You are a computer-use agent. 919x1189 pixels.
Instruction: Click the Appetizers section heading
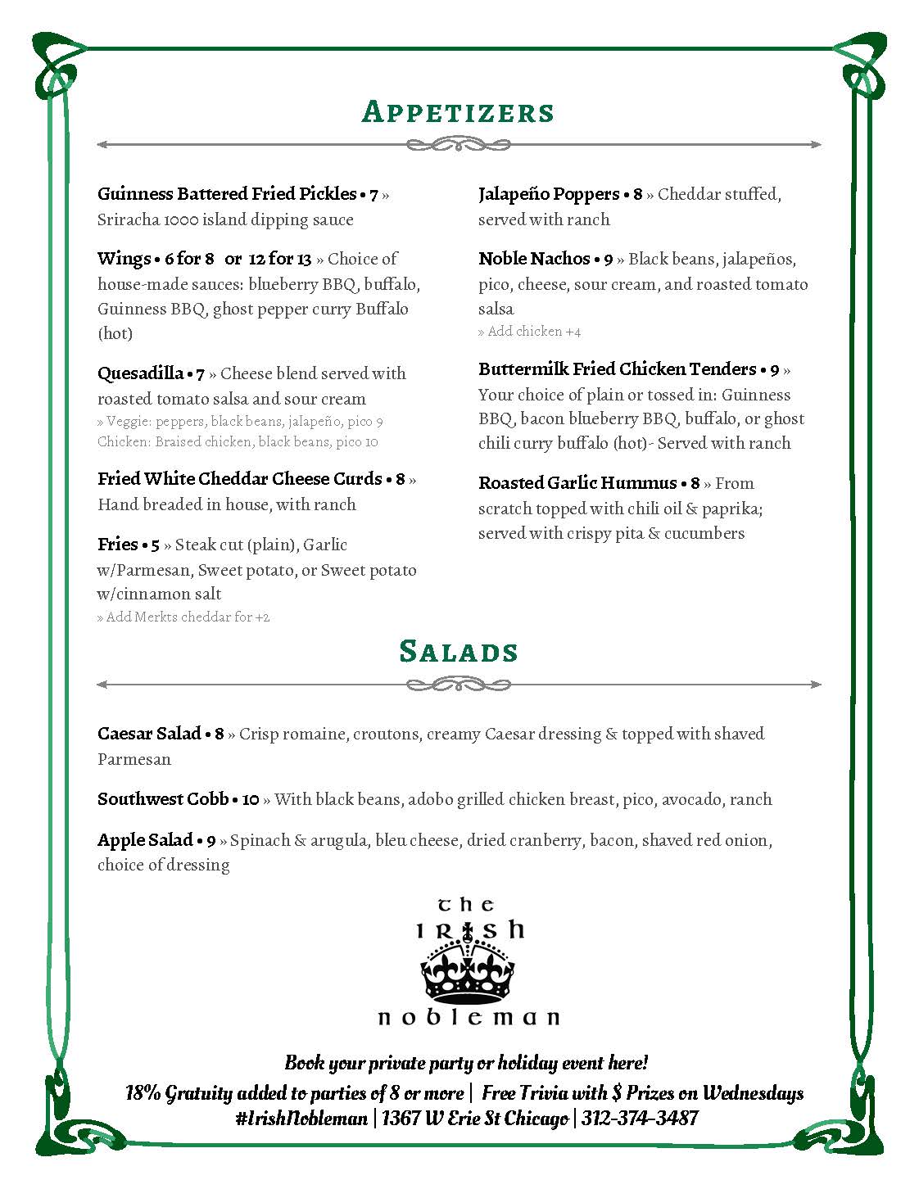click(458, 112)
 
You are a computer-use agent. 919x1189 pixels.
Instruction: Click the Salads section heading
click(459, 651)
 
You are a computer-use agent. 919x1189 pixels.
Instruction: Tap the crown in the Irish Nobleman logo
click(468, 971)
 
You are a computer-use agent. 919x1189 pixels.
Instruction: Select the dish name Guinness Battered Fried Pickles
click(226, 194)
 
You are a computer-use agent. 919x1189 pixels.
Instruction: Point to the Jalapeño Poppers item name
click(549, 194)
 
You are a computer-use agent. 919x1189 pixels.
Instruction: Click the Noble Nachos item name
click(534, 259)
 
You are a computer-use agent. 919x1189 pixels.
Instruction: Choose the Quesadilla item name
click(140, 373)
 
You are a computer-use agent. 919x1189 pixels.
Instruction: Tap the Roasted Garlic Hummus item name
click(577, 483)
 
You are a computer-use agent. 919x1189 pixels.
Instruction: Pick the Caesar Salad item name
click(149, 734)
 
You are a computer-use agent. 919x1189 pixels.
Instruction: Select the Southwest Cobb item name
click(163, 799)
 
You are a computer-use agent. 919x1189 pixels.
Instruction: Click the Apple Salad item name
click(145, 840)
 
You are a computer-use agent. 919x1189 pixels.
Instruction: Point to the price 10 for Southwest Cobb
click(251, 799)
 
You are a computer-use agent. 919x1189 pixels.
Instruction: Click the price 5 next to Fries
click(155, 545)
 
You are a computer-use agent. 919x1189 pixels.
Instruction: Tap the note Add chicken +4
click(530, 332)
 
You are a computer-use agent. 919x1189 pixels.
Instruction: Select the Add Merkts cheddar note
click(183, 617)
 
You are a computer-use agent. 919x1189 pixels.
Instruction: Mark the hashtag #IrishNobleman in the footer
click(301, 1119)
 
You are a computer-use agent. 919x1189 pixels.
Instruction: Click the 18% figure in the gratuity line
click(143, 1092)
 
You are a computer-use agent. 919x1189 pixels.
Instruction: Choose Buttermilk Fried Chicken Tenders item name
click(617, 369)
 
